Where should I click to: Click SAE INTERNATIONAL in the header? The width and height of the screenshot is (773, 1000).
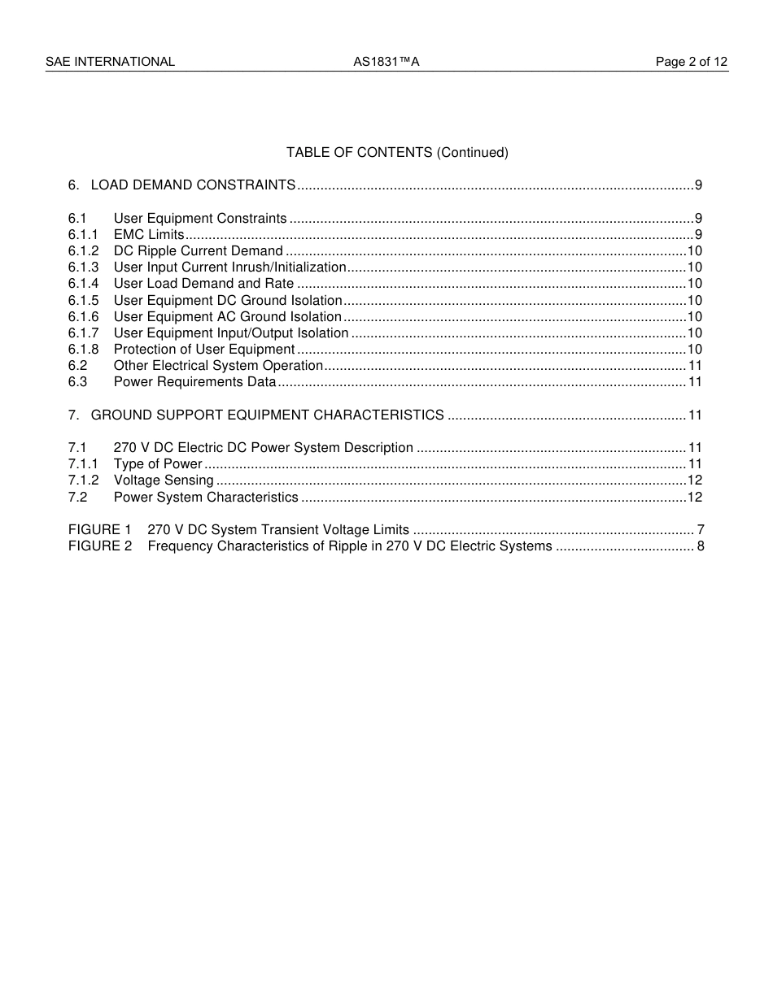pyautogui.click(x=110, y=62)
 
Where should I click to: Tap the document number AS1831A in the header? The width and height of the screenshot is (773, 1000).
pyautogui.click(x=386, y=62)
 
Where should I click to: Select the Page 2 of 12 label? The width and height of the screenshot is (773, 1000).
pyautogui.click(x=692, y=62)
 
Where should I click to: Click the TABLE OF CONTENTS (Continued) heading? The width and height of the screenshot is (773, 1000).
pyautogui.click(x=397, y=153)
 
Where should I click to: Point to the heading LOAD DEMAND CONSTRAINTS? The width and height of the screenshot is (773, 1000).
pyautogui.click(x=193, y=185)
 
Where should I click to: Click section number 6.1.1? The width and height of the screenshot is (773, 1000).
pyautogui.click(x=83, y=235)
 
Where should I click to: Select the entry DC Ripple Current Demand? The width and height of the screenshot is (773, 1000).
pyautogui.click(x=199, y=251)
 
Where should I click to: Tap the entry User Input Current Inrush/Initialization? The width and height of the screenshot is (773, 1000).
pyautogui.click(x=230, y=267)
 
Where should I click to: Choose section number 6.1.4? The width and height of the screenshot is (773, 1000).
pyautogui.click(x=83, y=284)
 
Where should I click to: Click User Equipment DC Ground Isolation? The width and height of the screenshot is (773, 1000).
pyautogui.click(x=228, y=301)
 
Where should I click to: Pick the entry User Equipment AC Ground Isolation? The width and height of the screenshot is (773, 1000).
pyautogui.click(x=228, y=317)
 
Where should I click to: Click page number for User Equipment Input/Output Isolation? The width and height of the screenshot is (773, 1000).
pyautogui.click(x=695, y=333)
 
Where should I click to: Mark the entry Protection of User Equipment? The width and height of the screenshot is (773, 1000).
pyautogui.click(x=204, y=350)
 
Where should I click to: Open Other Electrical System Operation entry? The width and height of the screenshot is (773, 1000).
pyautogui.click(x=219, y=366)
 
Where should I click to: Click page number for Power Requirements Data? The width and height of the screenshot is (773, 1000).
pyautogui.click(x=696, y=382)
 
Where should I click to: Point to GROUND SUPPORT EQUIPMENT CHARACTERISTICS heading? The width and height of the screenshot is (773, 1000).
pyautogui.click(x=268, y=415)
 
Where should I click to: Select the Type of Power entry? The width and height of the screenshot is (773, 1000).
pyautogui.click(x=158, y=464)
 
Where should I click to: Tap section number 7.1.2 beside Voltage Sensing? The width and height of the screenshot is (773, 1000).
pyautogui.click(x=83, y=480)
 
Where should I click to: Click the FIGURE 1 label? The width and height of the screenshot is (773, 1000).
pyautogui.click(x=99, y=530)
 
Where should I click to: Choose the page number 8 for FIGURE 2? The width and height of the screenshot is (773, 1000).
pyautogui.click(x=701, y=546)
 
